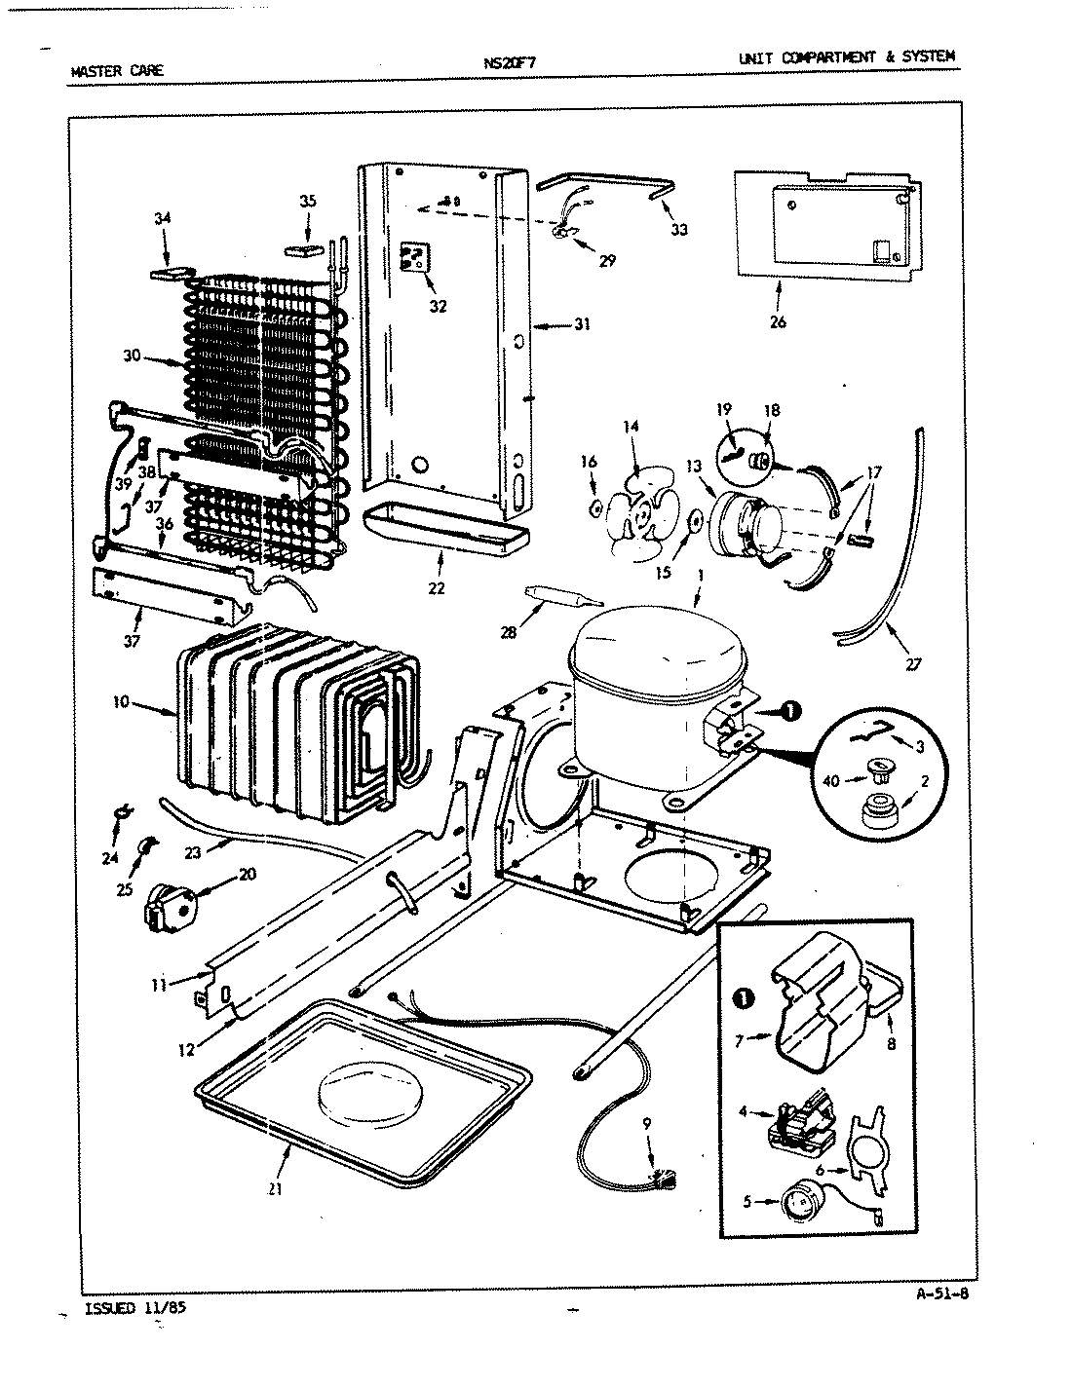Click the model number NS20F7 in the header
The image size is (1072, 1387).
click(509, 64)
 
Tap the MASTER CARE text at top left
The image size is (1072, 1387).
click(118, 71)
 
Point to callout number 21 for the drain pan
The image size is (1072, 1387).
click(276, 1189)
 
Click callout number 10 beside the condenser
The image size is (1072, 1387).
click(121, 701)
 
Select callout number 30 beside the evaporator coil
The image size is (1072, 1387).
click(133, 356)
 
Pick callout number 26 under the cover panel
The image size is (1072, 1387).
click(777, 322)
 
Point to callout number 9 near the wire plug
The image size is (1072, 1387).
click(647, 1123)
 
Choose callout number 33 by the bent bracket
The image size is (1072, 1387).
click(678, 230)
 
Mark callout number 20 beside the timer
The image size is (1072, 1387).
click(247, 874)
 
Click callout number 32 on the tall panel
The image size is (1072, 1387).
click(438, 306)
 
